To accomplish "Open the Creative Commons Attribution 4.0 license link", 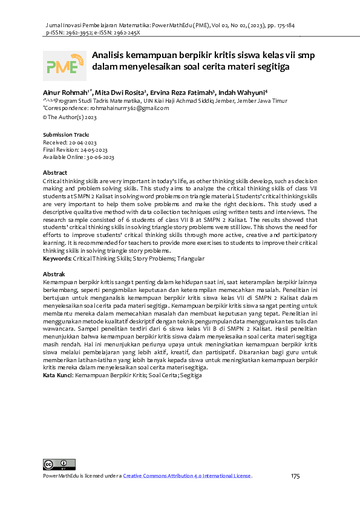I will coord(187,476).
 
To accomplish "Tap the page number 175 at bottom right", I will coord(295,476).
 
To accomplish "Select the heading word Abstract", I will coord(55,173).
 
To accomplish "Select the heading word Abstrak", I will coord(54,274).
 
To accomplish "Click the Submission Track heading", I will coord(66,134).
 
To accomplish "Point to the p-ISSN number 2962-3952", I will coord(79,33).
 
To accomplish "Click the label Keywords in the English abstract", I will coord(56,259).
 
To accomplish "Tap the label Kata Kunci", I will coord(57,375).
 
